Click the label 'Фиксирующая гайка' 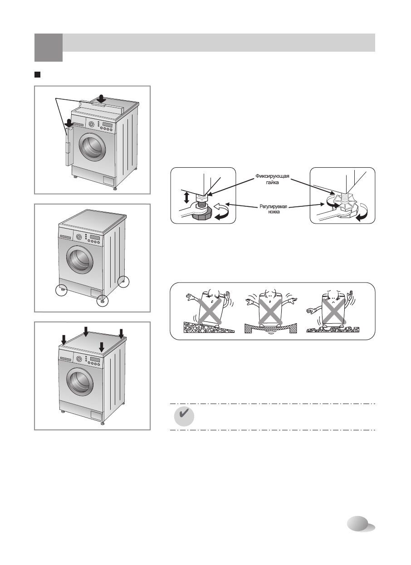(272, 179)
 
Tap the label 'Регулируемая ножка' (273, 209)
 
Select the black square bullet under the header (37, 75)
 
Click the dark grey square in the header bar (49, 48)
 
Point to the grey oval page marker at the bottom (361, 524)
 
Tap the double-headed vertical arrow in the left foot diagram (186, 198)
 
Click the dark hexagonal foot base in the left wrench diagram (201, 216)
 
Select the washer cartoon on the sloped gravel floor (209, 311)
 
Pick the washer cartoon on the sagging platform (270, 311)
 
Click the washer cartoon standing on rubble (333, 311)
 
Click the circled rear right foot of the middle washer (123, 282)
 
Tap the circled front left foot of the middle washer (61, 290)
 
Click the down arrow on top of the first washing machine (102, 98)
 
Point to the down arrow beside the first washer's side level (68, 123)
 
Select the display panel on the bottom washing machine (95, 359)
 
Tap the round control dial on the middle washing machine (79, 237)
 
